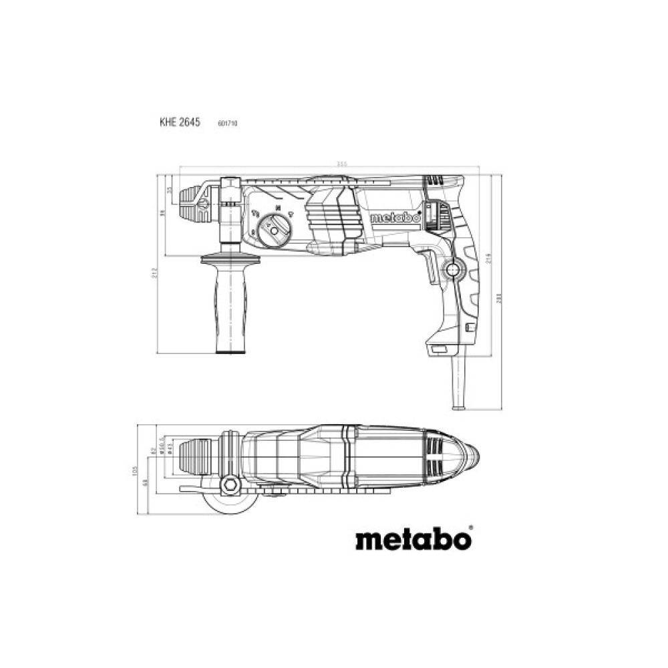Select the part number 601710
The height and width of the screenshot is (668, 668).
tap(228, 124)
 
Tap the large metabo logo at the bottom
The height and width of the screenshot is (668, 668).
tap(413, 538)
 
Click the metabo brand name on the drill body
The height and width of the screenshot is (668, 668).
tap(394, 218)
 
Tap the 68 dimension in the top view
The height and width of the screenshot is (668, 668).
tap(146, 482)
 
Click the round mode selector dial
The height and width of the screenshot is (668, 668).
tap(274, 229)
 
